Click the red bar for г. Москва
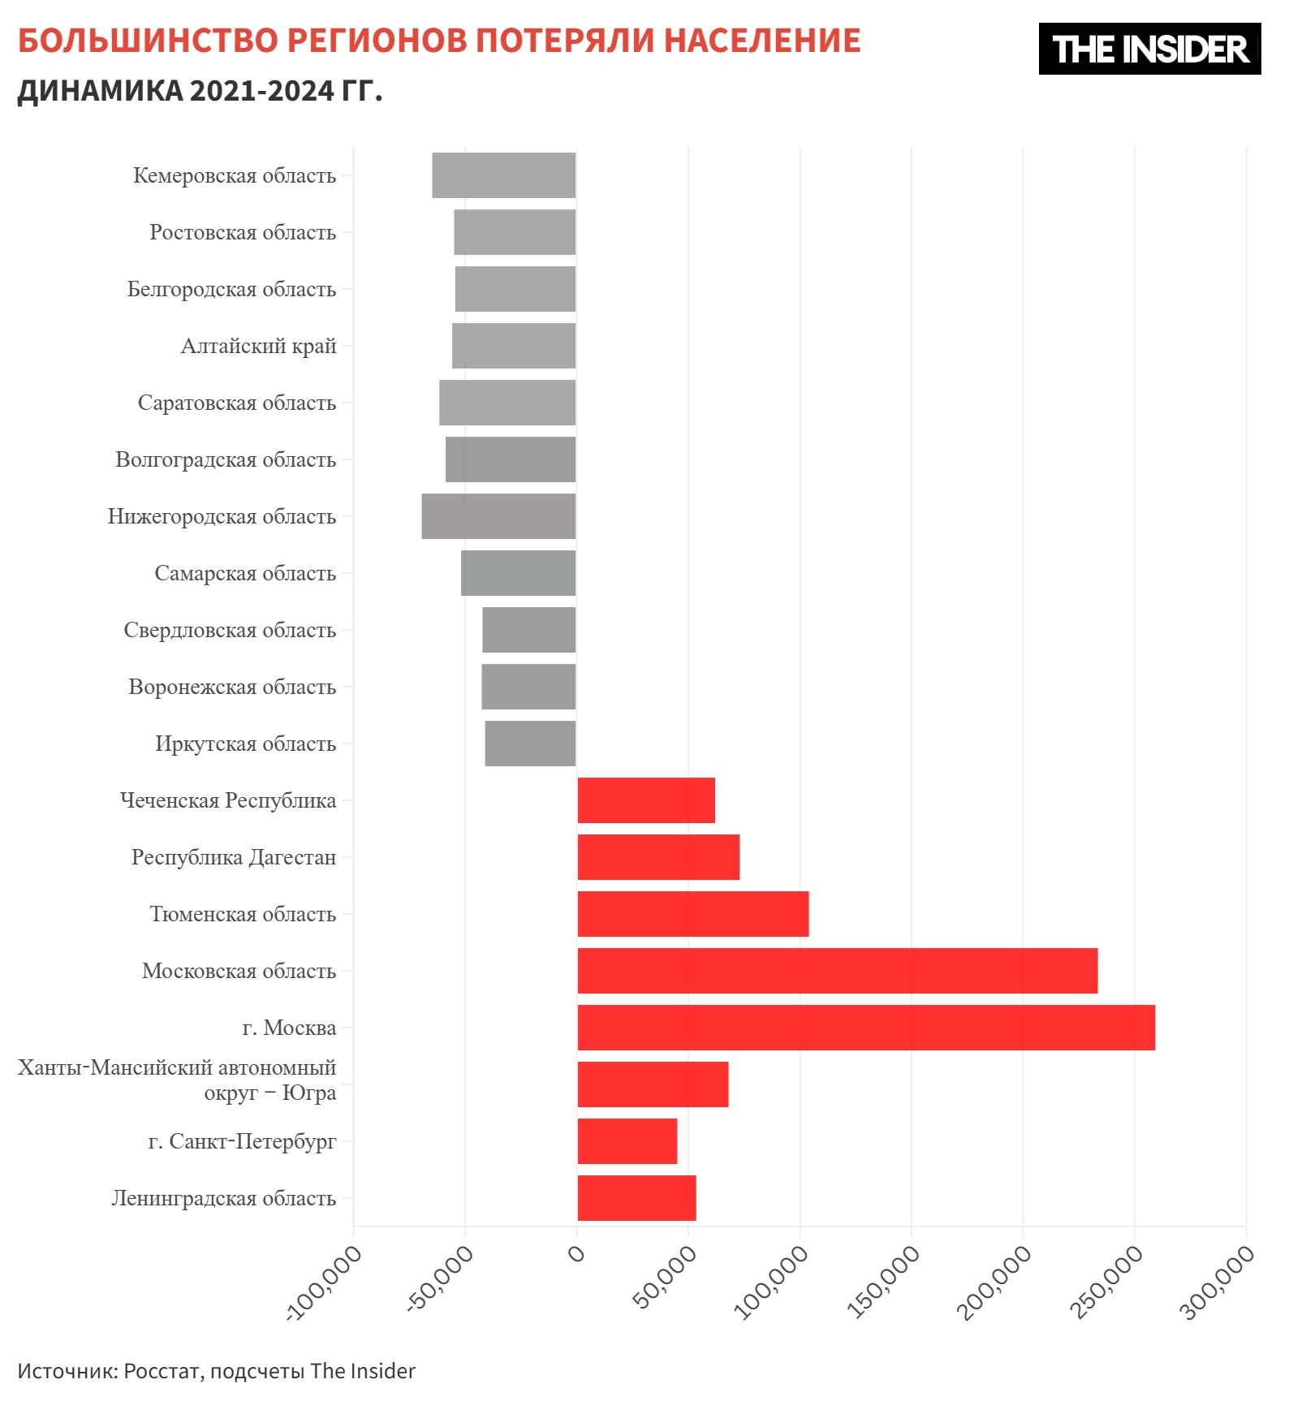[x=865, y=1028]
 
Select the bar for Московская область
[x=837, y=971]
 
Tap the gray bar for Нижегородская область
[x=498, y=516]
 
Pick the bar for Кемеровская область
[x=503, y=175]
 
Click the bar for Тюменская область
[x=692, y=914]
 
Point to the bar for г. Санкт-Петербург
[x=627, y=1141]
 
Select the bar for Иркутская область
[x=530, y=744]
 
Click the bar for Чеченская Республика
[x=646, y=800]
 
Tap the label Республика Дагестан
[x=234, y=857]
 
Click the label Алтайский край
[x=258, y=346]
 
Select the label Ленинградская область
[x=223, y=1198]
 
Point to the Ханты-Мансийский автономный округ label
[x=177, y=1080]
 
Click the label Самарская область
[x=245, y=573]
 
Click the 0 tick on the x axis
[x=576, y=1255]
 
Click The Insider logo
[x=1149, y=49]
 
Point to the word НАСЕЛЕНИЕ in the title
[x=762, y=41]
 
